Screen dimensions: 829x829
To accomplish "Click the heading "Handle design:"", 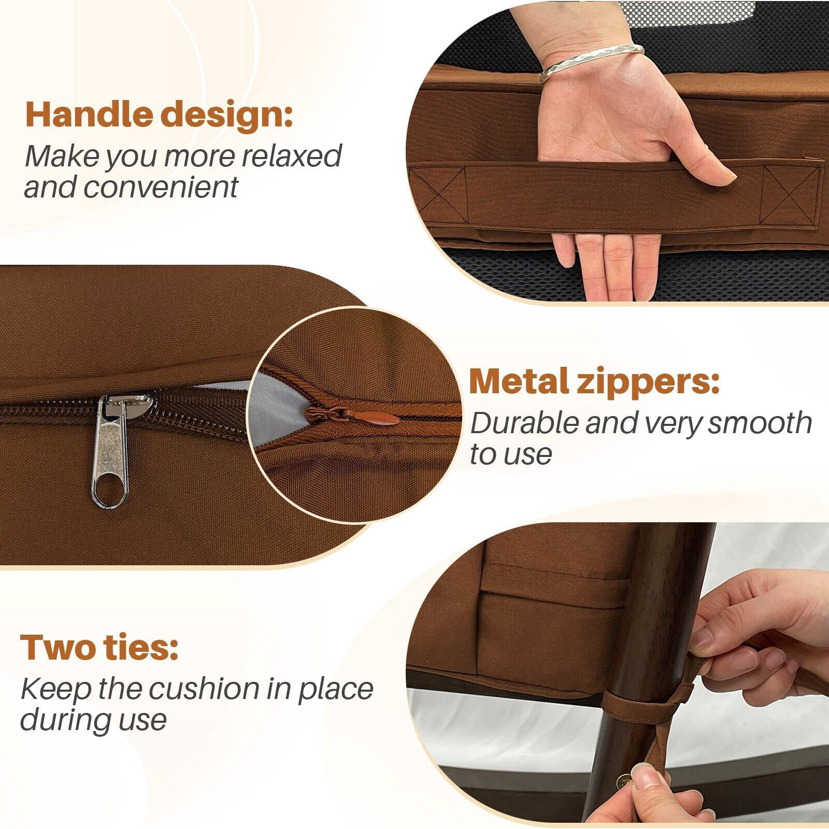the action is pyautogui.click(x=159, y=115).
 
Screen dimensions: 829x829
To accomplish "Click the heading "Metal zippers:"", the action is pyautogui.click(x=594, y=382).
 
